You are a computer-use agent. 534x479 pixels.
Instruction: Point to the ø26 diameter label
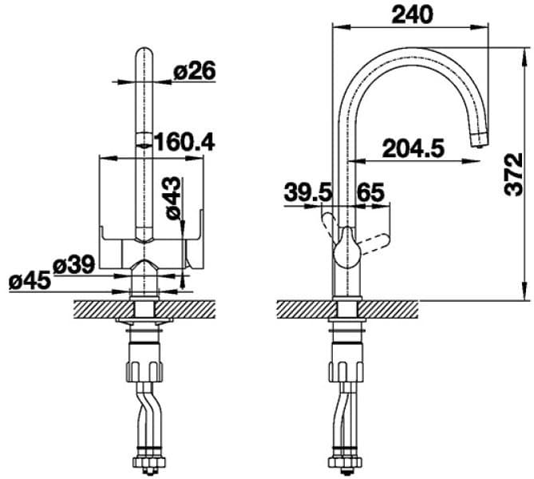click(x=194, y=71)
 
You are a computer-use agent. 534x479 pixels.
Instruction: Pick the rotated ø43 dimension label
click(x=174, y=199)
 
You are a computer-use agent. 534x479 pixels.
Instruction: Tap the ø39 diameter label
click(x=73, y=264)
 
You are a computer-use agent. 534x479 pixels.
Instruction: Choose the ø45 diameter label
click(x=30, y=280)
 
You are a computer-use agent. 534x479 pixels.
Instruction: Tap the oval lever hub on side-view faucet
click(x=346, y=247)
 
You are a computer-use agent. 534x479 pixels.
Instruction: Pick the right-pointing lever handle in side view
click(x=374, y=239)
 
